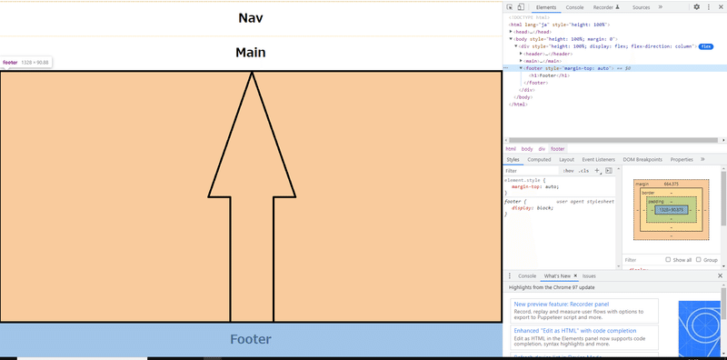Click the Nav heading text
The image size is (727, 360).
coord(250,18)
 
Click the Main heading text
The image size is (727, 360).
coord(250,53)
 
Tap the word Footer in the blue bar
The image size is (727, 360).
coord(251,340)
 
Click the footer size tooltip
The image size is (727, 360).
coord(26,63)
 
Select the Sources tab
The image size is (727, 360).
coord(641,6)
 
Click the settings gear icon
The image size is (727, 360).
coord(697,6)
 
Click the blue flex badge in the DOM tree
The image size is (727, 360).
coord(705,46)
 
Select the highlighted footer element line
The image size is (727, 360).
coord(568,68)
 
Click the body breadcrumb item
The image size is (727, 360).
coord(527,148)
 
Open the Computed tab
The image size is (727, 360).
coord(539,159)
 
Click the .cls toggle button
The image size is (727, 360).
coord(583,170)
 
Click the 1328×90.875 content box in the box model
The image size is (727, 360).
coord(671,210)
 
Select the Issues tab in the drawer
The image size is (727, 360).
coord(589,275)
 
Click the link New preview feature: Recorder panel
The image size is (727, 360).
coord(561,304)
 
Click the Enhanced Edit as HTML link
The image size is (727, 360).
coord(574,331)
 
